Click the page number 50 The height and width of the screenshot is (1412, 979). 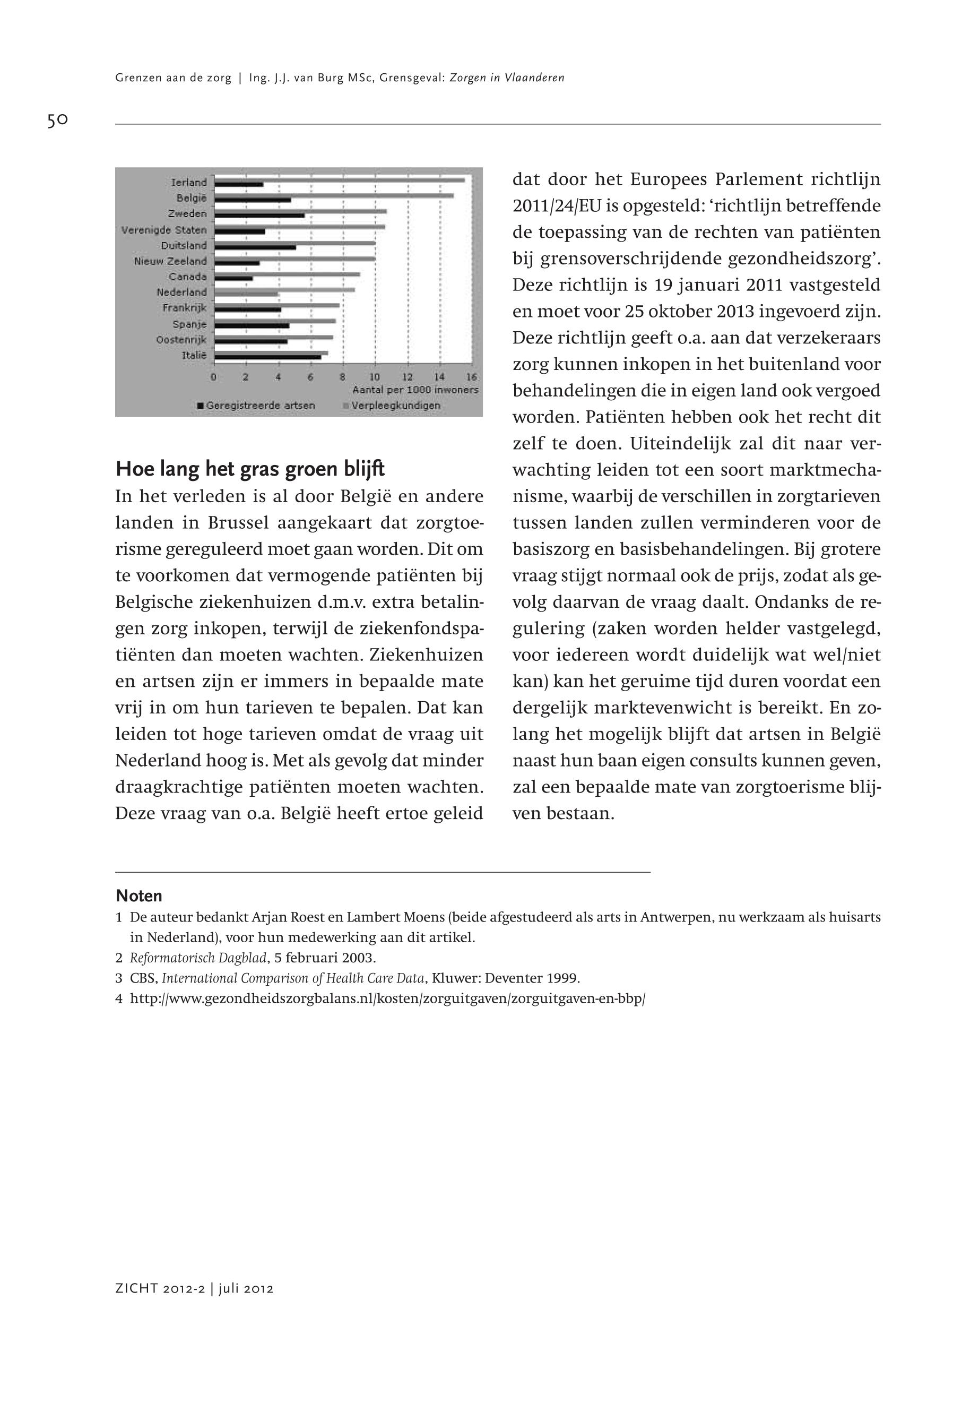57,120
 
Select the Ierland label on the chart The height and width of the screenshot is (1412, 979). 189,182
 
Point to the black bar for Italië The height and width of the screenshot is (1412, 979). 267,357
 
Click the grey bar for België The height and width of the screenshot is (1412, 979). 372,196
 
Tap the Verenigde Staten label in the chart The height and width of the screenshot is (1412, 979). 164,230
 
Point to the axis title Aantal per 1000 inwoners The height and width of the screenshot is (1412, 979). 414,390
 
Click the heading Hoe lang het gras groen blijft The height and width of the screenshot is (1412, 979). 250,469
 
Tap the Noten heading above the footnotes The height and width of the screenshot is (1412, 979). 139,896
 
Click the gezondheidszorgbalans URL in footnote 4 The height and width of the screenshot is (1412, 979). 388,998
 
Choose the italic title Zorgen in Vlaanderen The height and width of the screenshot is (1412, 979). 507,78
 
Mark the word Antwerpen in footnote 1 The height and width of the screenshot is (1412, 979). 672,917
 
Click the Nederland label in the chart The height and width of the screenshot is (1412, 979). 181,292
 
